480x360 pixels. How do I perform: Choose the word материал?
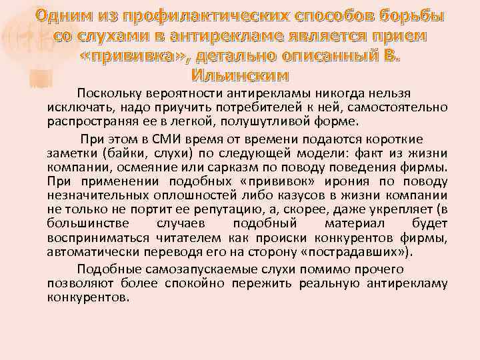[x=353, y=225]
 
